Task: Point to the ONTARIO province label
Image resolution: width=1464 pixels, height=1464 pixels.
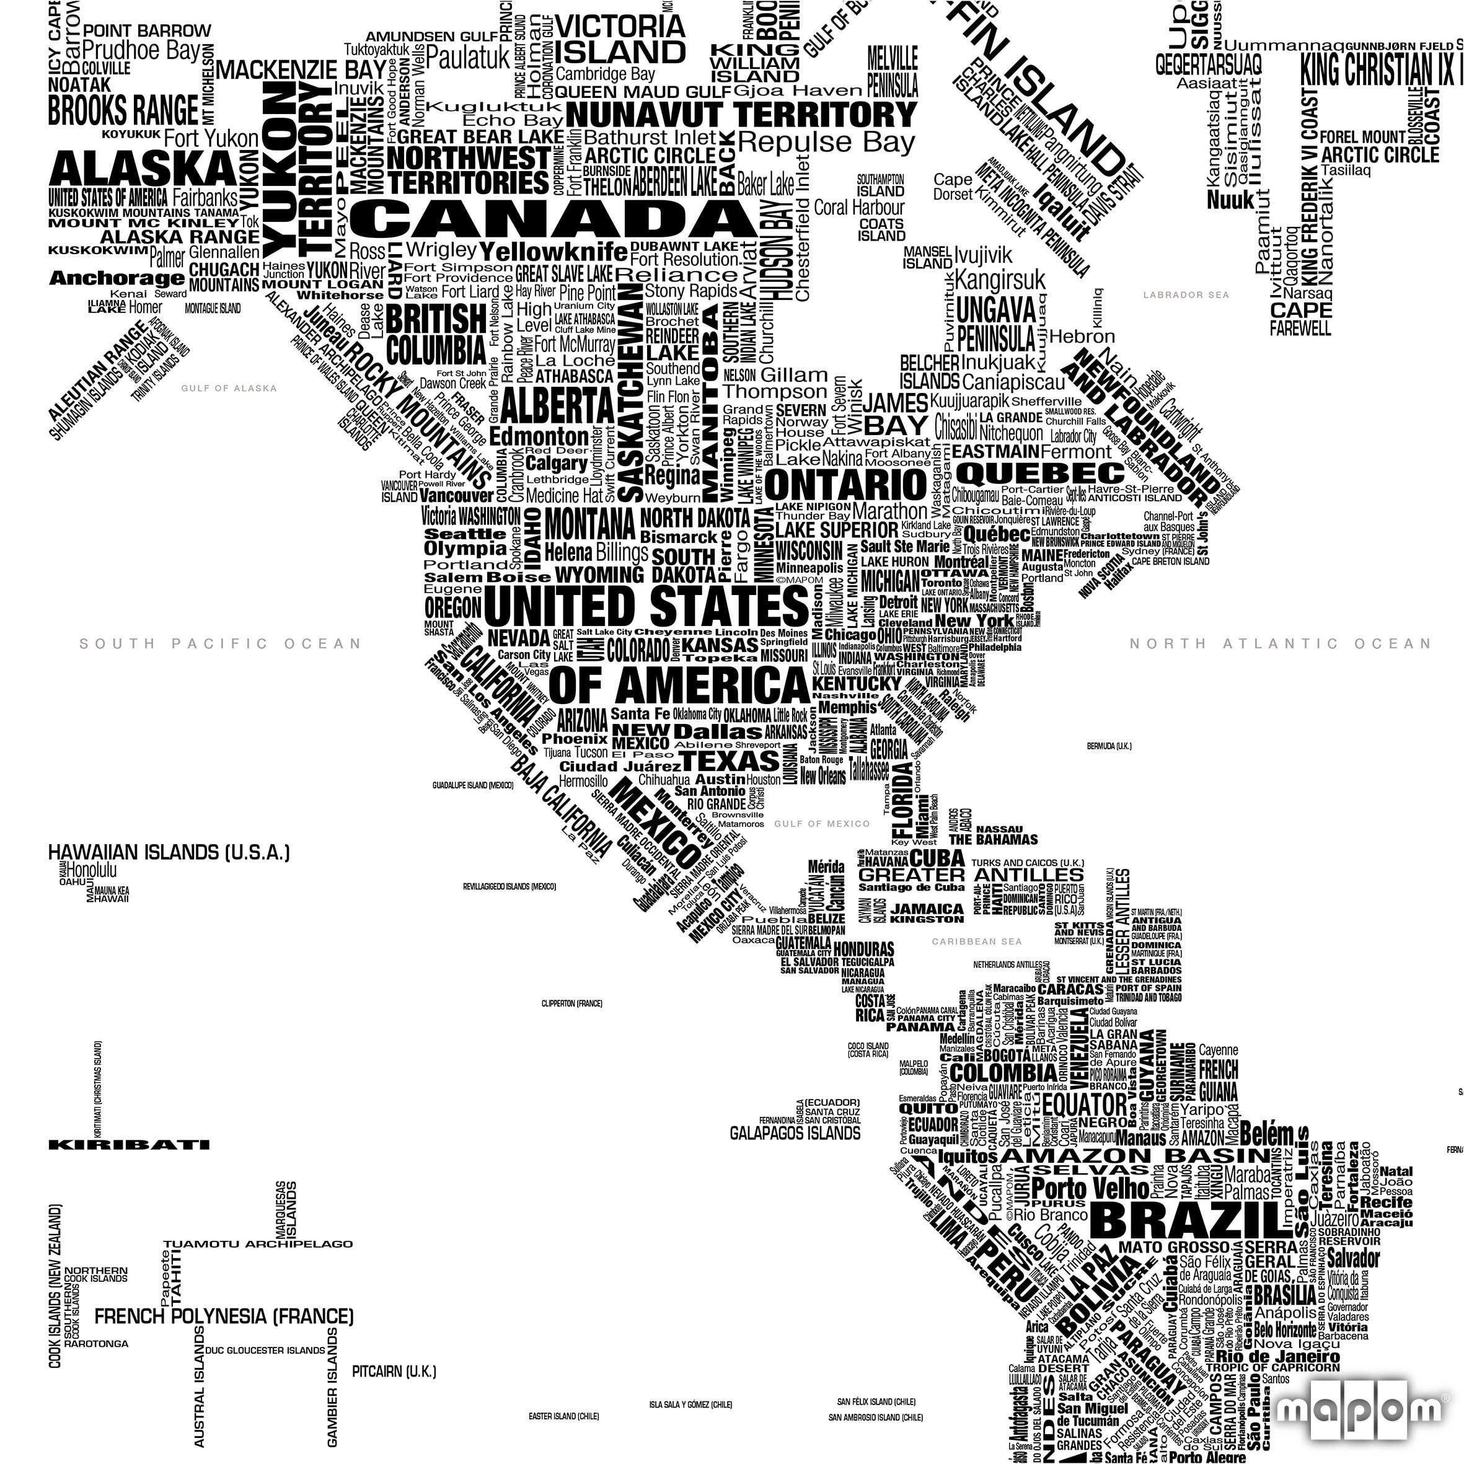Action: tap(845, 484)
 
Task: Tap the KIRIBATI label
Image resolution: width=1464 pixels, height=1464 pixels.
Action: tap(129, 1145)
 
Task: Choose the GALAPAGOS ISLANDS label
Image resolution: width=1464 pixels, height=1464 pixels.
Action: tap(795, 1133)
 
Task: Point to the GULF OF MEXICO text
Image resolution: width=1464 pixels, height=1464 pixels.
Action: tap(821, 824)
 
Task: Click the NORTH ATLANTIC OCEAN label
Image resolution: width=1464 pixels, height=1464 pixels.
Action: tap(1280, 644)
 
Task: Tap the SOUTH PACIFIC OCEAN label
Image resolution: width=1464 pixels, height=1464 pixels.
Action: tap(221, 644)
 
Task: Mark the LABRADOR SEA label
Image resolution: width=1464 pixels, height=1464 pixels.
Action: tap(1186, 295)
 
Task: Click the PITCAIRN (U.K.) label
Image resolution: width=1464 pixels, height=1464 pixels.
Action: tap(394, 1372)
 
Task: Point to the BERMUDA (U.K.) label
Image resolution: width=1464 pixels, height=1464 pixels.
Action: tap(1109, 746)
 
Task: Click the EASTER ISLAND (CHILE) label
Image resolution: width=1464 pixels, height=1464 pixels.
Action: tap(564, 1416)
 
